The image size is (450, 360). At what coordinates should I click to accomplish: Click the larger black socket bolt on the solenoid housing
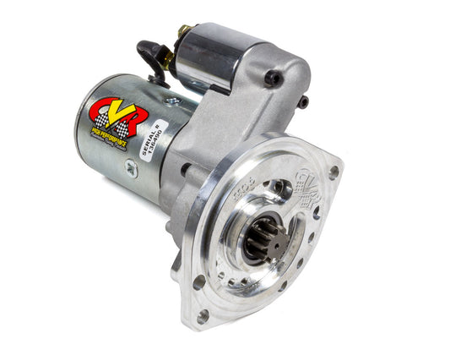(272, 78)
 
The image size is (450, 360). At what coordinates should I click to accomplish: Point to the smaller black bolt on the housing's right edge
(302, 101)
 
